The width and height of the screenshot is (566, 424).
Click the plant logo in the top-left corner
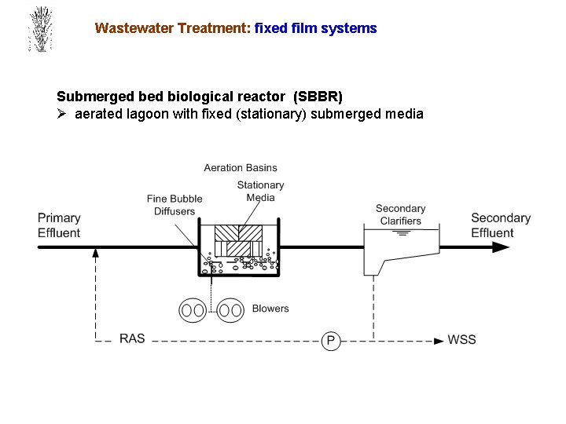click(x=39, y=30)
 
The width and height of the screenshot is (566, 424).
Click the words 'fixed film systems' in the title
click(x=316, y=28)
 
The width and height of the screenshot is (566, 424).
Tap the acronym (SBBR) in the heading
click(x=318, y=97)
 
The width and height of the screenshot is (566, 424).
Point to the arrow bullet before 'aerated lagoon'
click(x=63, y=115)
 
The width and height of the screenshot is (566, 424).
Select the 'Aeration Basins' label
click(x=241, y=167)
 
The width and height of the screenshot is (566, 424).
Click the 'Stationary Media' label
click(x=260, y=191)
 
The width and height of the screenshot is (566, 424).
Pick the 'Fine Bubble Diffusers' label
click(x=175, y=205)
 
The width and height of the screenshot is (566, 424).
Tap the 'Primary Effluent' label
click(x=59, y=225)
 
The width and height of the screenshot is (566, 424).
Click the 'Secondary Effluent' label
click(x=501, y=225)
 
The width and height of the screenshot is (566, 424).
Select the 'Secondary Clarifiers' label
click(x=400, y=214)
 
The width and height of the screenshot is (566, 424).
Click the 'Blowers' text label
click(x=270, y=309)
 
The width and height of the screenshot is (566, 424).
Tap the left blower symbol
click(x=193, y=310)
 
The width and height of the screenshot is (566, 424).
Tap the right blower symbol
click(x=230, y=310)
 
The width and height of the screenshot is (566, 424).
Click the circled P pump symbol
click(x=331, y=341)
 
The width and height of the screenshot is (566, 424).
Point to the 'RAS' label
click(x=132, y=339)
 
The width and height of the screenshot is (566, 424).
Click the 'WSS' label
click(x=461, y=339)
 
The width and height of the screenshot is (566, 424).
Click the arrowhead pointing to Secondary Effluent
click(x=500, y=247)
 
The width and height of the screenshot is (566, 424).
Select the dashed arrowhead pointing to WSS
click(x=439, y=341)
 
